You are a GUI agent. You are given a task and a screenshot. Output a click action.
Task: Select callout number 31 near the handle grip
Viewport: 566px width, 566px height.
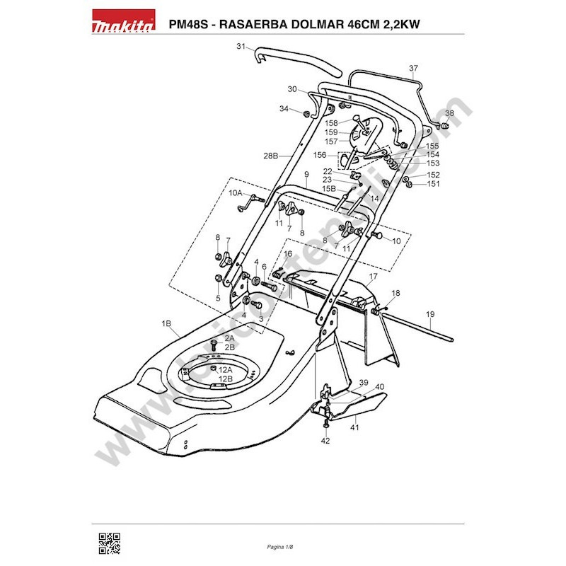[241, 47]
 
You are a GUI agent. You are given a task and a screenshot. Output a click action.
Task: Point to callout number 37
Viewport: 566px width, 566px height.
[414, 69]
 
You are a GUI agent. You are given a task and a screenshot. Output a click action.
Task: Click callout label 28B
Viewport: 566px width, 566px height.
[270, 155]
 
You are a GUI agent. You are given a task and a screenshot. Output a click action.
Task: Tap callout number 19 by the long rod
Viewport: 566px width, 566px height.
[429, 313]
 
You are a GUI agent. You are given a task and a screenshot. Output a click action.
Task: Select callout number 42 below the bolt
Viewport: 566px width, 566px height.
[325, 441]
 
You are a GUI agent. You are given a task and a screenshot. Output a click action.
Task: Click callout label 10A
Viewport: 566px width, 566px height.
[235, 192]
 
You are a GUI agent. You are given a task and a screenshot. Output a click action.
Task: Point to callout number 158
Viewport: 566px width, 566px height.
[351, 123]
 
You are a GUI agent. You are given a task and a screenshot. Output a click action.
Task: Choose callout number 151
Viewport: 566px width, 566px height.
[433, 184]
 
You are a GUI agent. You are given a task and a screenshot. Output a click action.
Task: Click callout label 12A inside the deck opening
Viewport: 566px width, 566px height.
[226, 370]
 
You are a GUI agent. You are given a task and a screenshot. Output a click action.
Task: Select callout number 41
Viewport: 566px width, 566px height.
[354, 427]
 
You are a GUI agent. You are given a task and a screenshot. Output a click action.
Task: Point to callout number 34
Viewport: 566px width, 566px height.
[284, 109]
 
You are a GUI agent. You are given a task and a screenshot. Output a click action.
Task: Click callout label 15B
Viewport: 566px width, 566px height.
[329, 189]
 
